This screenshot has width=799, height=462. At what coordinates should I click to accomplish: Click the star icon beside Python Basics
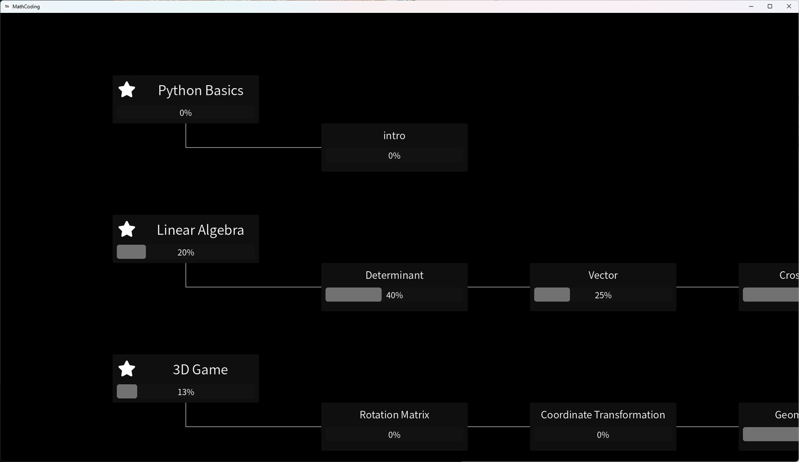[127, 90]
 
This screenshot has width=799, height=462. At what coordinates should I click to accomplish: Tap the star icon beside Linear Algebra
[127, 229]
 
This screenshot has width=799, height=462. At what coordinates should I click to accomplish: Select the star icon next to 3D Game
[127, 369]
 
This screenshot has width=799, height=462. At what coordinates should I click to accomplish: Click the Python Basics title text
[200, 90]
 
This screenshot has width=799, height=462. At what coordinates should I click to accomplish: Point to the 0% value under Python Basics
[185, 113]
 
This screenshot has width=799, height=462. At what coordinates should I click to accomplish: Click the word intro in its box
[394, 136]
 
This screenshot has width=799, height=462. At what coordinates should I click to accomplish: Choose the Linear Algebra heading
[200, 230]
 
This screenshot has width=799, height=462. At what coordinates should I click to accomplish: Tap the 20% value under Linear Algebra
[185, 252]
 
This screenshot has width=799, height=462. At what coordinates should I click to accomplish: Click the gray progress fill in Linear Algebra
[131, 252]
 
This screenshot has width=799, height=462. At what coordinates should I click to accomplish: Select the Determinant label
[394, 275]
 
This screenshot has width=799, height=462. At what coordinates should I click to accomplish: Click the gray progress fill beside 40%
[353, 295]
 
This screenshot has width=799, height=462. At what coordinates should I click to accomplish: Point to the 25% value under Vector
[603, 295]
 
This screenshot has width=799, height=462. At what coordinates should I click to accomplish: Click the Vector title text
[603, 275]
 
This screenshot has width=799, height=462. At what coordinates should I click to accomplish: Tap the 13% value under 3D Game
[185, 392]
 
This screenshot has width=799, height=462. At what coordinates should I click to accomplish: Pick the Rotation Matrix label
[394, 415]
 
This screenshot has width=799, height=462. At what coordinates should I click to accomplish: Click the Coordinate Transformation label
[603, 415]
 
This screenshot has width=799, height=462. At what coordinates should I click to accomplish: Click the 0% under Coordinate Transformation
[603, 435]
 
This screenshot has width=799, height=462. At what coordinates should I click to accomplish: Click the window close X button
[789, 6]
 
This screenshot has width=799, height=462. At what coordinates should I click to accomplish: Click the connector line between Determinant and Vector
[499, 287]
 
